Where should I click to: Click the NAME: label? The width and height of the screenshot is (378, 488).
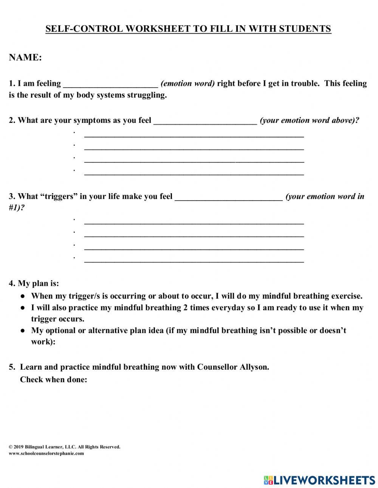[x=25, y=57]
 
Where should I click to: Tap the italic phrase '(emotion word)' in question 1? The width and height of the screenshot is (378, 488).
[x=187, y=84]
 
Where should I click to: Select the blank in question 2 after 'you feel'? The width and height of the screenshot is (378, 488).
[x=205, y=121]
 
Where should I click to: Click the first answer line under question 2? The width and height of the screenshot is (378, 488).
[x=194, y=135]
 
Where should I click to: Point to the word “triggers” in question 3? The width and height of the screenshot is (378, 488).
[x=58, y=197]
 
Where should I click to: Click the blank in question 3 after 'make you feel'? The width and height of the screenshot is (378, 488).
[x=229, y=197]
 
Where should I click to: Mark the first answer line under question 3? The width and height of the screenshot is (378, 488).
[x=194, y=222]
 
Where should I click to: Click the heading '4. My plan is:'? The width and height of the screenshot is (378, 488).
[x=34, y=284]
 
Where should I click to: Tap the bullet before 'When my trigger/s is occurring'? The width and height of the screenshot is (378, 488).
[x=23, y=296]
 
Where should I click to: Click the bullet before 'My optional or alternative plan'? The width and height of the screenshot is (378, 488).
[x=23, y=331]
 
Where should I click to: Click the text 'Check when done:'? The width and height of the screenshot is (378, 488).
[x=53, y=380]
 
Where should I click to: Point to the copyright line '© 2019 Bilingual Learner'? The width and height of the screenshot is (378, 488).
[x=64, y=447]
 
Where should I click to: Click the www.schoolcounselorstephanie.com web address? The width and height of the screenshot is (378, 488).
[x=46, y=453]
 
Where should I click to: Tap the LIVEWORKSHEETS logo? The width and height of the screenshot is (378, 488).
[x=319, y=480]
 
